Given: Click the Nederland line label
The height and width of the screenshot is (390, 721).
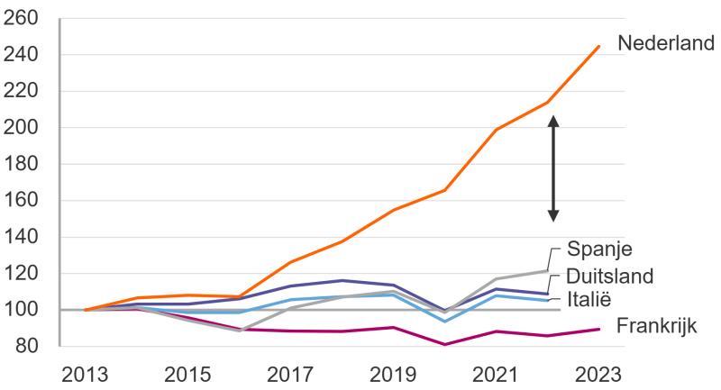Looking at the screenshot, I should [666, 42].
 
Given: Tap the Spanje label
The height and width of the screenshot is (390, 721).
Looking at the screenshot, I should [599, 249].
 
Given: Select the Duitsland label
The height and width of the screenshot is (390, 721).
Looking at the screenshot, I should [610, 275].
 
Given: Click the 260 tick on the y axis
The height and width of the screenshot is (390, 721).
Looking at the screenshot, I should [22, 19].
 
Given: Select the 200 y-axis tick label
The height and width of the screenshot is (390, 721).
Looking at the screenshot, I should [22, 128].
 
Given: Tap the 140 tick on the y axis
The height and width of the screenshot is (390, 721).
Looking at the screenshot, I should [22, 237].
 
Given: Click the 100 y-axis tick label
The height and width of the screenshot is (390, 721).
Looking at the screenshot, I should [22, 310].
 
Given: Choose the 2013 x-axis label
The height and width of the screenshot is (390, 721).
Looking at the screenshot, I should [86, 374].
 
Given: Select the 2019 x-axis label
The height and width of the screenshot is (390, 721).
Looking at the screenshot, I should [392, 374].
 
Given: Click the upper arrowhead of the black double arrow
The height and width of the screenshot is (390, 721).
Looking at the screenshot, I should [553, 120].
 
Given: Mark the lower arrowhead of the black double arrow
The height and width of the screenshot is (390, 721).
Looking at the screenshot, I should [553, 216].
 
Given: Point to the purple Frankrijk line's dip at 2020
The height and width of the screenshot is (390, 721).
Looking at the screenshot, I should [444, 344].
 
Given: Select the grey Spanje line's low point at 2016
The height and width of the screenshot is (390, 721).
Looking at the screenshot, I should [240, 331].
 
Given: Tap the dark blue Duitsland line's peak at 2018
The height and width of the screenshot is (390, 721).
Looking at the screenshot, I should [341, 280].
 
